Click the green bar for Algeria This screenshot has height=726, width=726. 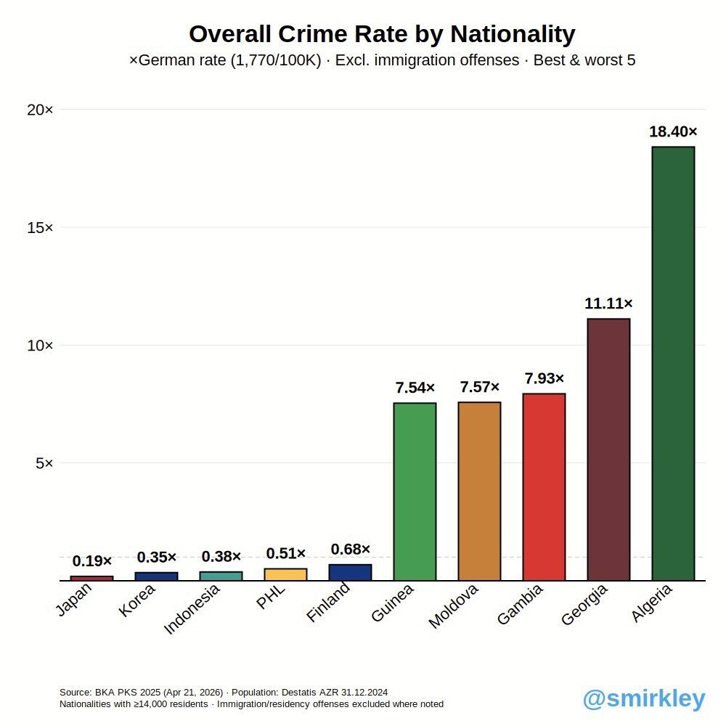click(x=673, y=363)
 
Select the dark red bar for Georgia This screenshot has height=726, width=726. click(x=608, y=449)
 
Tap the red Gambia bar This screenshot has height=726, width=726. click(x=544, y=486)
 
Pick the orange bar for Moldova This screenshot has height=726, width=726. click(x=479, y=491)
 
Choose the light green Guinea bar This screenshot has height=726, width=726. click(x=415, y=492)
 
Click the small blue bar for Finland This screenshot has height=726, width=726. click(x=350, y=573)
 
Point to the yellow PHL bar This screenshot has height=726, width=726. click(x=285, y=574)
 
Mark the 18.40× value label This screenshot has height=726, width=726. click(x=673, y=132)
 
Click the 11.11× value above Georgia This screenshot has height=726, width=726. click(x=608, y=303)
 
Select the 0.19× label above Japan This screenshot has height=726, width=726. click(x=92, y=561)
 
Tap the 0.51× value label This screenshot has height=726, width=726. click(x=285, y=554)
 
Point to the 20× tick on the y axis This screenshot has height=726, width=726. click(x=41, y=110)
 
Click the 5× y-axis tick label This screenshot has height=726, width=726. click(x=44, y=463)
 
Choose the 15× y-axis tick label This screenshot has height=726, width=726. click(x=41, y=228)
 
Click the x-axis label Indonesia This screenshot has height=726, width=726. click(x=192, y=609)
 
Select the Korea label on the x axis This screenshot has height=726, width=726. click(x=138, y=600)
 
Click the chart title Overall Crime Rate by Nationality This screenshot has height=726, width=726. click(x=382, y=34)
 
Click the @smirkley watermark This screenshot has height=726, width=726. click(x=644, y=698)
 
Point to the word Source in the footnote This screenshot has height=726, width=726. click(x=76, y=693)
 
